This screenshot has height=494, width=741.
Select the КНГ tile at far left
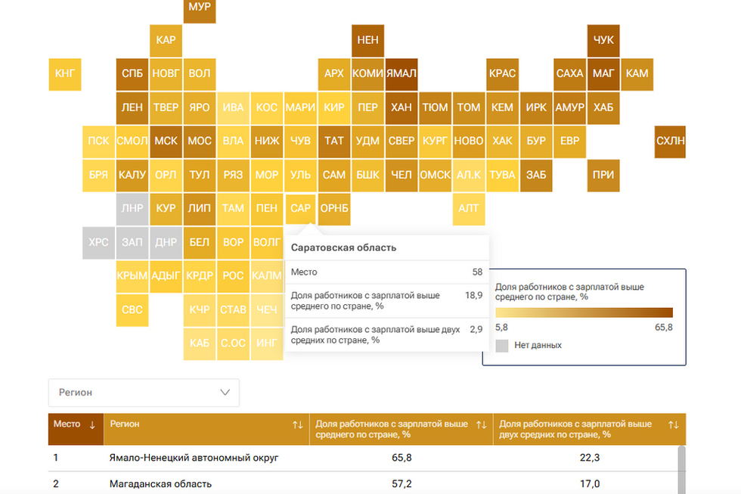(x=65, y=74)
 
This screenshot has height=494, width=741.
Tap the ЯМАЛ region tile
(x=402, y=74)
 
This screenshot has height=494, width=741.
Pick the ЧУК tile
(x=603, y=41)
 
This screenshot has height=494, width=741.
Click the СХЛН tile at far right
(x=670, y=141)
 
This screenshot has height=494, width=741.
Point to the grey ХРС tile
(x=98, y=243)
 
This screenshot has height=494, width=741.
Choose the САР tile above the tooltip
(x=300, y=209)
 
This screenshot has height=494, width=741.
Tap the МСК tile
(x=166, y=141)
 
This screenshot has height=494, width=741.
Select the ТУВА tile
(x=502, y=176)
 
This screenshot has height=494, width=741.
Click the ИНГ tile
(x=266, y=343)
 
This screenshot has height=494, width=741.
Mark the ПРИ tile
(x=603, y=176)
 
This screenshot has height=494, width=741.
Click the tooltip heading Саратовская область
(x=343, y=247)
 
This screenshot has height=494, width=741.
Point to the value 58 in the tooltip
(x=477, y=272)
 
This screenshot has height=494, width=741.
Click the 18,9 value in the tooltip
(x=473, y=296)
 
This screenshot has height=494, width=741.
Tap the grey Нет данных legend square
(x=502, y=346)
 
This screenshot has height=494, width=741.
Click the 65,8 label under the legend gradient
(x=664, y=328)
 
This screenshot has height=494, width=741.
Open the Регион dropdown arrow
(x=225, y=393)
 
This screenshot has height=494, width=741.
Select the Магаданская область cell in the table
(x=160, y=484)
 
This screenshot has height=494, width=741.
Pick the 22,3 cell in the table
(x=589, y=458)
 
